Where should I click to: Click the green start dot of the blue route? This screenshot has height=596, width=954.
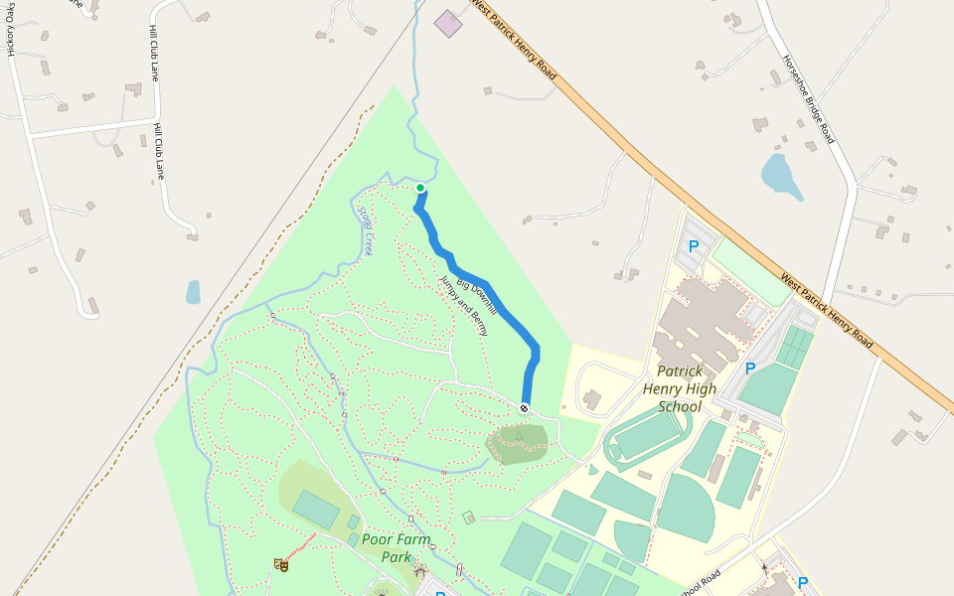(420, 188)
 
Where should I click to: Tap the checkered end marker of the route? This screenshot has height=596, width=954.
(524, 408)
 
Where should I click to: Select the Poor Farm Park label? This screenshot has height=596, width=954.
(397, 547)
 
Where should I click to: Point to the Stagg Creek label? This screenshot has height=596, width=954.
(365, 231)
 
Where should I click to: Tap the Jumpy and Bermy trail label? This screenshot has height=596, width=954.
(464, 306)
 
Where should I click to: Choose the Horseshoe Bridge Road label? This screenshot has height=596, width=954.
(807, 98)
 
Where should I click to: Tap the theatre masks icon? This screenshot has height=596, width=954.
(281, 565)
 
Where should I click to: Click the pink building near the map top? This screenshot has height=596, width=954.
(449, 24)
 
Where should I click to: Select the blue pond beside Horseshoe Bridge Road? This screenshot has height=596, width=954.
(780, 176)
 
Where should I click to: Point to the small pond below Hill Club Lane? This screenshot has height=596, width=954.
(193, 291)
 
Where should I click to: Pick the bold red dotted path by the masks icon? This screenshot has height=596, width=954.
(301, 545)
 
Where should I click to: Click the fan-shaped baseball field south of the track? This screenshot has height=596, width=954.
(688, 506)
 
